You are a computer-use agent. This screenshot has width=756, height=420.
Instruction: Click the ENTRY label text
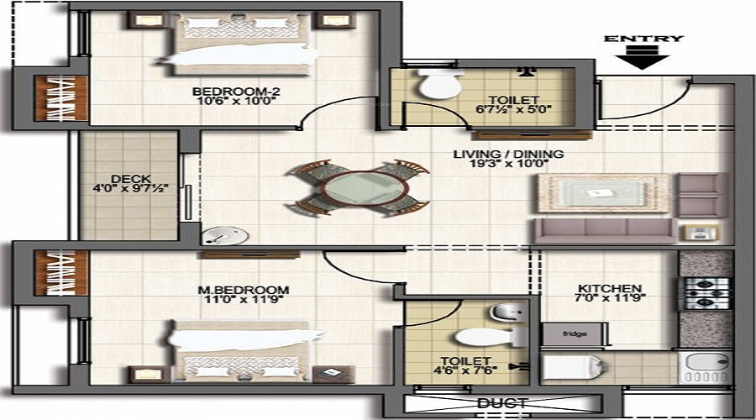[643, 39]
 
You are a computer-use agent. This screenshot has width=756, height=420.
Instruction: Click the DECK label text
[130, 178]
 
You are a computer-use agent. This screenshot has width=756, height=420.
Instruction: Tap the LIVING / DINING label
[508, 155]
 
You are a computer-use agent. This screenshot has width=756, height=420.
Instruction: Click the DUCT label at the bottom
[502, 403]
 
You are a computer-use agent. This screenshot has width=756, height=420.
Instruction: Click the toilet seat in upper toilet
[439, 84]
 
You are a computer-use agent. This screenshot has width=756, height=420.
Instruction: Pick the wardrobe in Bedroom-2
[60, 98]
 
